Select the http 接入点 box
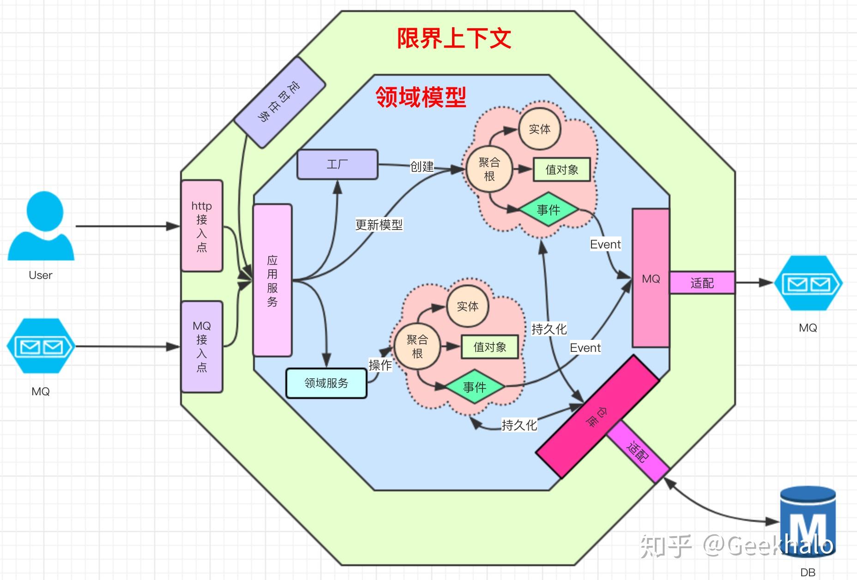(x=202, y=226)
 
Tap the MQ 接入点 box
(x=202, y=347)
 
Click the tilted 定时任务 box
(x=280, y=103)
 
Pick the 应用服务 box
(x=272, y=280)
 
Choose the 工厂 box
(x=338, y=164)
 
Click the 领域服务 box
(x=326, y=383)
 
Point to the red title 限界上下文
(x=454, y=38)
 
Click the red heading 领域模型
(x=421, y=97)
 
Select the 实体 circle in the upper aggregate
(x=540, y=129)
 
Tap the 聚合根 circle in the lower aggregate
(x=417, y=347)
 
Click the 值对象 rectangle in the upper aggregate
(x=562, y=169)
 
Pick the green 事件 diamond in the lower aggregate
(x=475, y=387)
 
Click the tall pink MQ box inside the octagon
(x=651, y=278)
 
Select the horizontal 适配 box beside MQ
(x=702, y=283)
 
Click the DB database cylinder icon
(x=808, y=522)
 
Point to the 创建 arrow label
(x=422, y=166)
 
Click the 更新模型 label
(x=379, y=225)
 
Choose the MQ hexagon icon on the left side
(x=41, y=346)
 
